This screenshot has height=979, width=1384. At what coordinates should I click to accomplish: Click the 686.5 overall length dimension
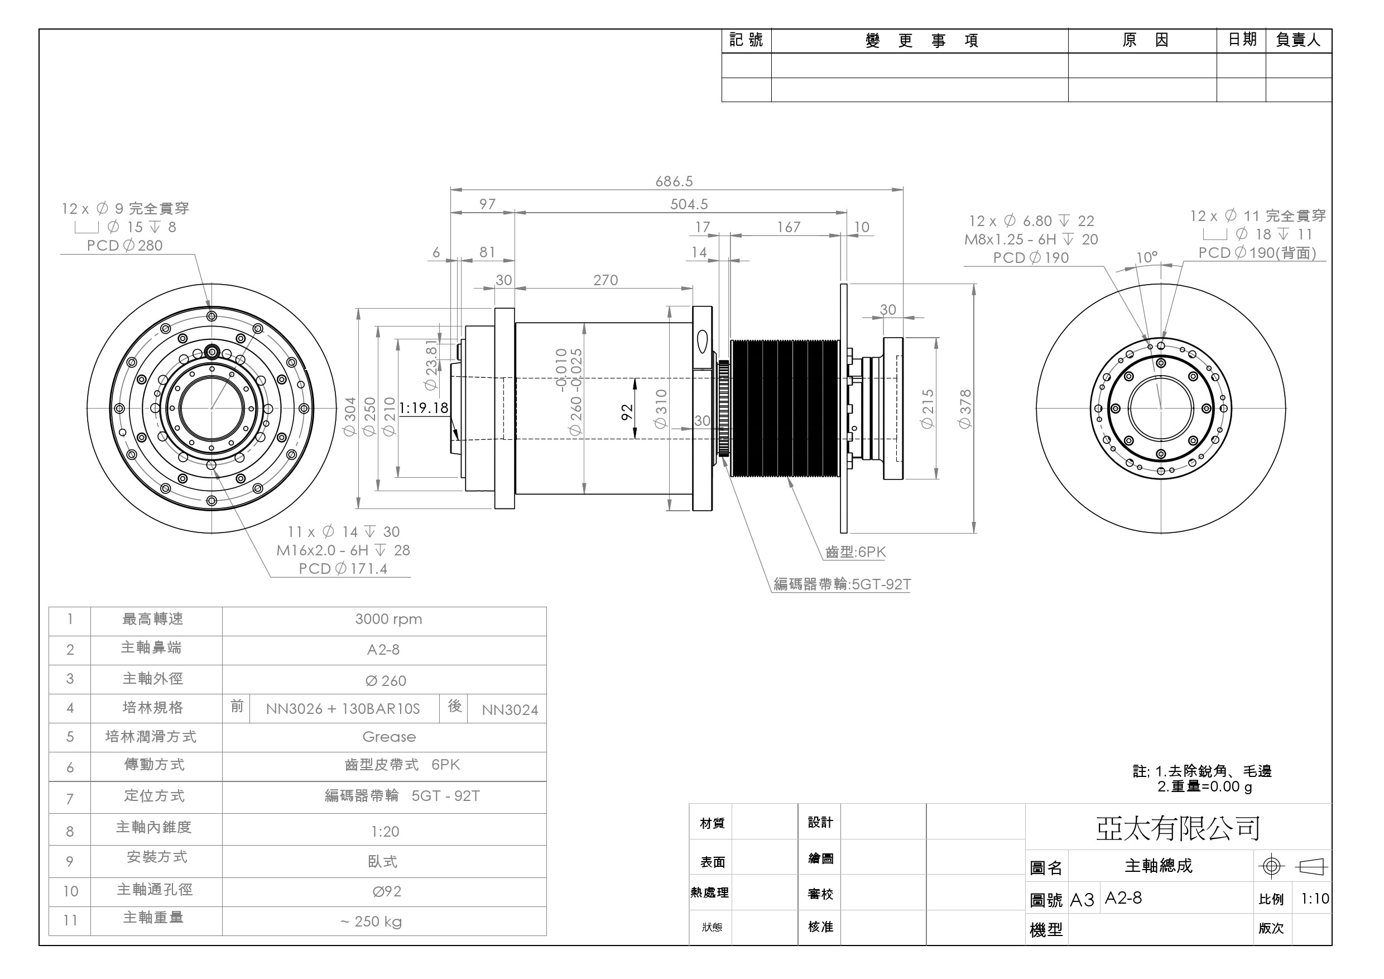[674, 181]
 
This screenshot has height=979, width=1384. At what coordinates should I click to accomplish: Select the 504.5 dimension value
[689, 204]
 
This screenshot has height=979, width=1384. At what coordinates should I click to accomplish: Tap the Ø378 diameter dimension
[964, 409]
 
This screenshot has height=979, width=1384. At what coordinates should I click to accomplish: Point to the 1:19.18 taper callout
[424, 408]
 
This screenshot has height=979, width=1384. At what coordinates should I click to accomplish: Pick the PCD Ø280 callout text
[125, 246]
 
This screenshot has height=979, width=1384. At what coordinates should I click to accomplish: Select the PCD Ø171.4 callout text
[343, 568]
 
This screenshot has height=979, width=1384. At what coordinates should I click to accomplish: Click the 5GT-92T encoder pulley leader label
[842, 584]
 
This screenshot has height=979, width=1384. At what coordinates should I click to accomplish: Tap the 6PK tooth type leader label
[856, 552]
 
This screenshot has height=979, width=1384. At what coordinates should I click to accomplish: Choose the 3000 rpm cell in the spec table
[388, 619]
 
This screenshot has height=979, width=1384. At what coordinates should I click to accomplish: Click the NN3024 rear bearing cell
[510, 709]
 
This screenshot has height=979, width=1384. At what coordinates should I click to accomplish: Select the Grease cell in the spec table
[389, 737]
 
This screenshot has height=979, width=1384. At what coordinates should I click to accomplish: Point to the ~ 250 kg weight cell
[371, 921]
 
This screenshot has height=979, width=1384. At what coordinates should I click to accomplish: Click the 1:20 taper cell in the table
[385, 831]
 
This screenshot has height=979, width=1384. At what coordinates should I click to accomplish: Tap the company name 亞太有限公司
[1178, 828]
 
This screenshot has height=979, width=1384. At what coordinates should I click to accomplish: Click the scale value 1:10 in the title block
[1315, 899]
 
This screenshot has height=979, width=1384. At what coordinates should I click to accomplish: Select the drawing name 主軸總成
[1158, 866]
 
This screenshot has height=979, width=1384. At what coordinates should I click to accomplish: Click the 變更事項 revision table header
[921, 41]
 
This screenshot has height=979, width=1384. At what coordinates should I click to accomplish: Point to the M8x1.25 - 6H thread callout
[1031, 239]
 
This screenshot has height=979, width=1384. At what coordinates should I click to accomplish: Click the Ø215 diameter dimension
[927, 409]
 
